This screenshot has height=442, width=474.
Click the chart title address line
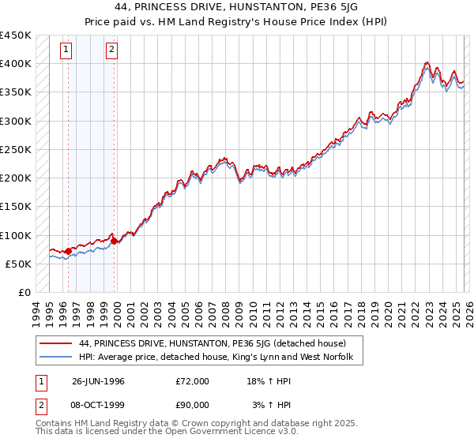point(236,7)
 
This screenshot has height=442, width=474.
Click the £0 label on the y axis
point(24,293)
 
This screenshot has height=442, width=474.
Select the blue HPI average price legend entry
point(220,358)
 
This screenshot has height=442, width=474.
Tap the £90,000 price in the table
point(193,405)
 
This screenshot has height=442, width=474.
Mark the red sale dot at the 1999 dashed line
point(115,241)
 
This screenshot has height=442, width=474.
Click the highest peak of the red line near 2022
point(426,62)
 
